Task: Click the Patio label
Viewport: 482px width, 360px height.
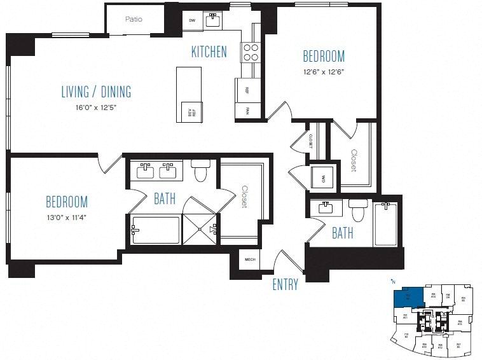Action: pyautogui.click(x=134, y=19)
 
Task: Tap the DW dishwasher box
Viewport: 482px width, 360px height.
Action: pyautogui.click(x=192, y=21)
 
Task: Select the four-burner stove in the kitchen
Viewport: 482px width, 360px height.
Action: pyautogui.click(x=250, y=52)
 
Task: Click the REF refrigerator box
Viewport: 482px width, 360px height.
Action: pyautogui.click(x=246, y=91)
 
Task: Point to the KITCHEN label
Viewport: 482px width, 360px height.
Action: pyautogui.click(x=209, y=52)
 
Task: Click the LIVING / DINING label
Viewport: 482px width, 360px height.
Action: pyautogui.click(x=96, y=92)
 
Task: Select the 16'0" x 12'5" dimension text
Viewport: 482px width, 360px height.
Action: pyautogui.click(x=96, y=108)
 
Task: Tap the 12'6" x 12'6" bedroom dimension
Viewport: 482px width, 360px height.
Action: pyautogui.click(x=324, y=72)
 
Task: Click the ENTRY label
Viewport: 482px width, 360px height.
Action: pyautogui.click(x=285, y=285)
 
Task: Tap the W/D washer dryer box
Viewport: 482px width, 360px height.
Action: pyautogui.click(x=322, y=179)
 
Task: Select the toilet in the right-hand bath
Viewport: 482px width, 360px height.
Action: pyautogui.click(x=358, y=211)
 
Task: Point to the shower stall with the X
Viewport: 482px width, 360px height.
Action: pyautogui.click(x=200, y=230)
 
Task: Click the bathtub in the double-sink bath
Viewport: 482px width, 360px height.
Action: pyautogui.click(x=156, y=230)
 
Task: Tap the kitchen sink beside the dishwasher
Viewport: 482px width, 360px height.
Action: pyautogui.click(x=214, y=21)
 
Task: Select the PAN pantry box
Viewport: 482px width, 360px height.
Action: pyautogui.click(x=246, y=111)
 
